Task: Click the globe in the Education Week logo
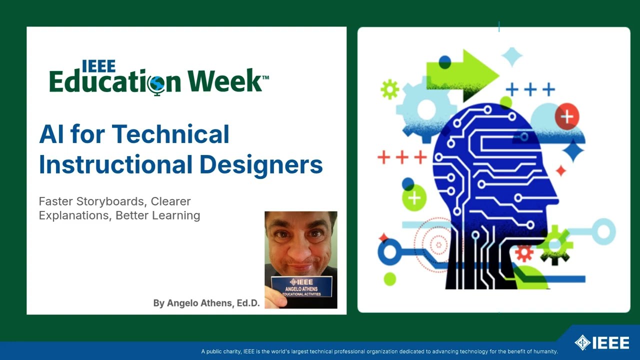tap(156, 83)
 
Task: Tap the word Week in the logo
tap(224, 81)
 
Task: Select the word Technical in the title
tap(170, 134)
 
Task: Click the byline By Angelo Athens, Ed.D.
tap(206, 303)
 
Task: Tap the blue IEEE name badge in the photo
tap(301, 286)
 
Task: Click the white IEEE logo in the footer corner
tap(602, 343)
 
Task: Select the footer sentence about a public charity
tap(379, 351)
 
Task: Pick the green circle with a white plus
tap(414, 198)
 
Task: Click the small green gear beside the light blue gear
tap(389, 89)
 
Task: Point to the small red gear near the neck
tap(524, 253)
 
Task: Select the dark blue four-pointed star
tap(573, 150)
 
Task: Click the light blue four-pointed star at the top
tap(511, 56)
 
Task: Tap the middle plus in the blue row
tap(530, 90)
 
